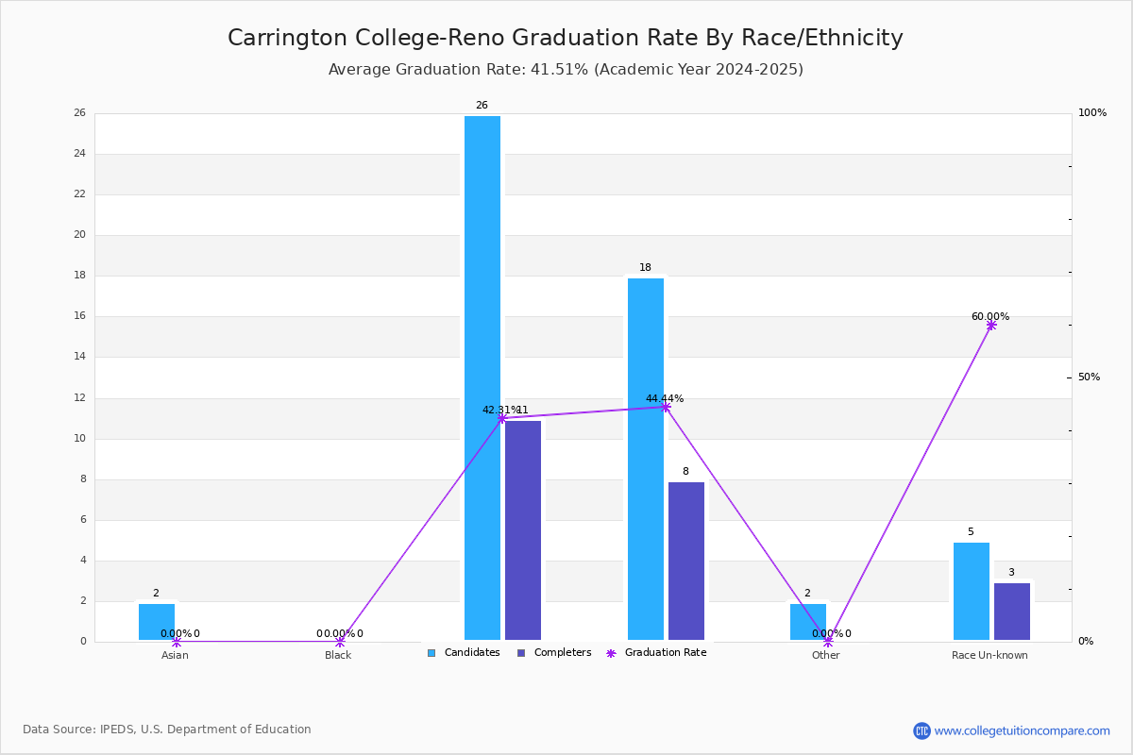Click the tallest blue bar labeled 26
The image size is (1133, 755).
(x=482, y=377)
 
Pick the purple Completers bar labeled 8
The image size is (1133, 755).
(x=686, y=561)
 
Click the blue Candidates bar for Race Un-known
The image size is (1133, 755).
(x=971, y=591)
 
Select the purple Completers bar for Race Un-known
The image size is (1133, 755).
(x=1011, y=612)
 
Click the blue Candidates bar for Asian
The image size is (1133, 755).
(x=157, y=622)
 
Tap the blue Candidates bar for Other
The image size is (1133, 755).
(x=808, y=622)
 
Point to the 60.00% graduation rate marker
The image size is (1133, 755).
(x=991, y=325)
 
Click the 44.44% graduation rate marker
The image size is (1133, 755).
(x=666, y=407)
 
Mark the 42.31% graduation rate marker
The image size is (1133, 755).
(x=501, y=417)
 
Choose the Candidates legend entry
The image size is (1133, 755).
(x=464, y=653)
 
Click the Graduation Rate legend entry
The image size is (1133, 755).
(x=657, y=653)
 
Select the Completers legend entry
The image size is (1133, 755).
(x=554, y=653)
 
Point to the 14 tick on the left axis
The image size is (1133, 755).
(x=80, y=357)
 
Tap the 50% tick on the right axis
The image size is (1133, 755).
(x=1089, y=377)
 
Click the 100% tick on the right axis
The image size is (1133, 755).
(x=1091, y=113)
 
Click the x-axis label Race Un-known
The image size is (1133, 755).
(x=989, y=656)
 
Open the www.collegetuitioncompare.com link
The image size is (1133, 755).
(x=1022, y=730)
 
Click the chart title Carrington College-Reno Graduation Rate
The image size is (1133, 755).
(x=565, y=38)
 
